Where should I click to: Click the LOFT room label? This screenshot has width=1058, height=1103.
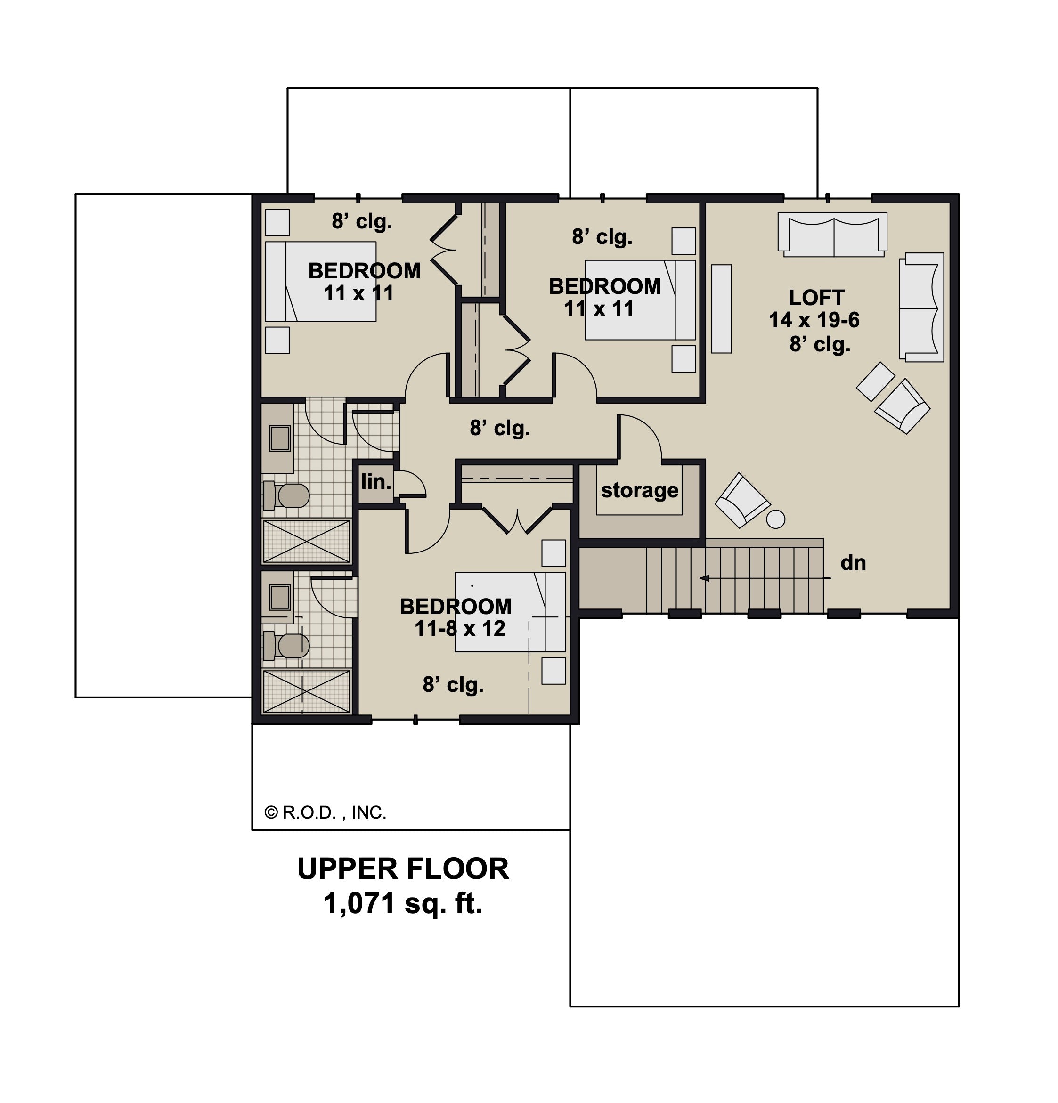point(816,297)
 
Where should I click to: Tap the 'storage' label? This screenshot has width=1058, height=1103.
point(639,490)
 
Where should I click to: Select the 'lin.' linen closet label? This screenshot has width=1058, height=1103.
point(376,482)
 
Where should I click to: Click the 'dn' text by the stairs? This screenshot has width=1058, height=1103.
point(853,563)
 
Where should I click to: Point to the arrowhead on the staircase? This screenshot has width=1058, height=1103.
point(703,578)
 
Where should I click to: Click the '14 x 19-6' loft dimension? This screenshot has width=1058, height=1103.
point(814,320)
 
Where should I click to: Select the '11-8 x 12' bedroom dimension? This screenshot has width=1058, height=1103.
point(460,629)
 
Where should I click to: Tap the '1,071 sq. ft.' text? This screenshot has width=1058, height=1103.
point(403,904)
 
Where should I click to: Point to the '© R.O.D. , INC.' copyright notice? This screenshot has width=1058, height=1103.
point(326,812)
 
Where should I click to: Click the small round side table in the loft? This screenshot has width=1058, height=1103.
point(776,519)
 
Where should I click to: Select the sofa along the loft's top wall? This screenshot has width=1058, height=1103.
point(832,235)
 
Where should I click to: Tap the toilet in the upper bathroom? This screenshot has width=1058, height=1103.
point(286,496)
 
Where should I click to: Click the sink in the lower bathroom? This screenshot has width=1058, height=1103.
point(280,597)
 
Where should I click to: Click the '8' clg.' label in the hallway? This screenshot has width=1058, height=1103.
point(500,429)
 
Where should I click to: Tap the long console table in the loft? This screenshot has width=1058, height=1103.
point(722,309)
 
